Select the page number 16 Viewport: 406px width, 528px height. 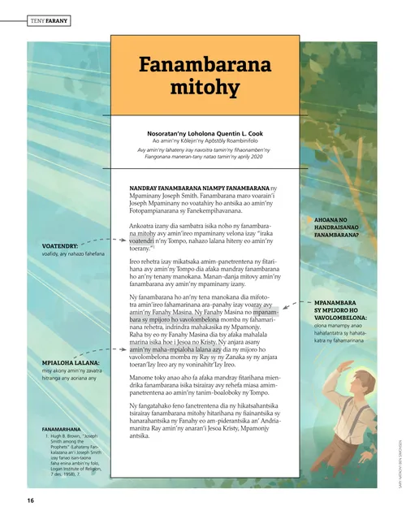30,500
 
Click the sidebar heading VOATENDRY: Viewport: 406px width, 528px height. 59,245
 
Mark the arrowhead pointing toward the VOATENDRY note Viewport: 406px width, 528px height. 84,242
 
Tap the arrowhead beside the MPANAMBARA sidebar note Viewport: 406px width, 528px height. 309,301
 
